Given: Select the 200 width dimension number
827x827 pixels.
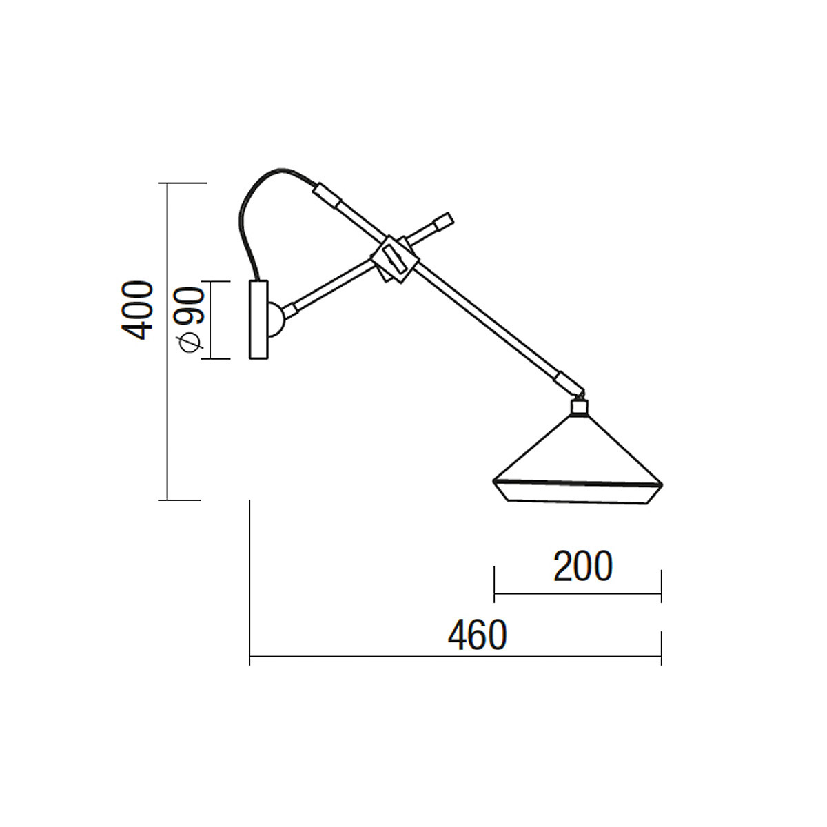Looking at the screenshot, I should (x=582, y=567).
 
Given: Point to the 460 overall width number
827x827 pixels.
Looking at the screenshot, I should (x=477, y=635).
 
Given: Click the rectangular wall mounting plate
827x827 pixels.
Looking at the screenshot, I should (x=258, y=320).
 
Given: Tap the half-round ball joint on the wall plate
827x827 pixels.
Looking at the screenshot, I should (x=276, y=319).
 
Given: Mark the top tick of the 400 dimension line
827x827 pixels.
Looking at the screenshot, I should (x=183, y=183).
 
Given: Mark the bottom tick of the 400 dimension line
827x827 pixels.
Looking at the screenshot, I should (x=183, y=500).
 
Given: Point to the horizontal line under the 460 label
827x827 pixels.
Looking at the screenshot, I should (x=455, y=657).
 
